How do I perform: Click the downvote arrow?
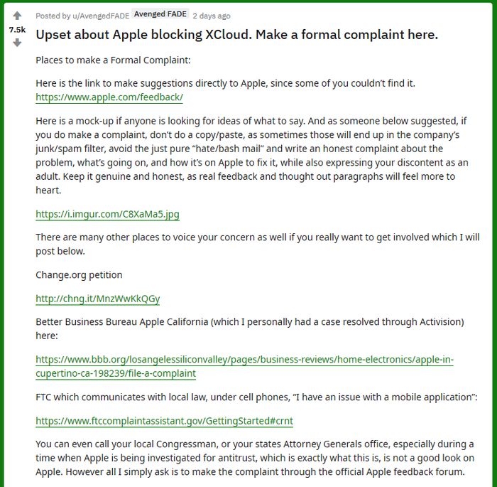point(17,43)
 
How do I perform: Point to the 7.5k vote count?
point(17,30)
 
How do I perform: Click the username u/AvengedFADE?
point(102,16)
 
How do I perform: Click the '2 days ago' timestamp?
point(212,16)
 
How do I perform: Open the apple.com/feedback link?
point(109,97)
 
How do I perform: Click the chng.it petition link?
point(98,299)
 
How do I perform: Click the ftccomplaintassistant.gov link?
point(164,421)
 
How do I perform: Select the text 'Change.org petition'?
point(79,274)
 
